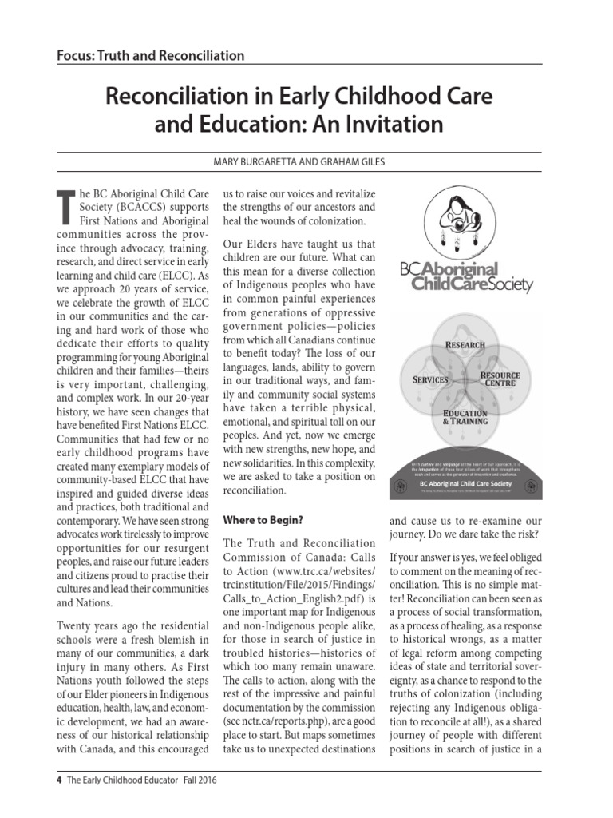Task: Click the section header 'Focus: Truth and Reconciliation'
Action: (151, 56)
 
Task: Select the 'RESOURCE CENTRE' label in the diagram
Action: (500, 379)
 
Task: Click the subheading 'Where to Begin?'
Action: (263, 520)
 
